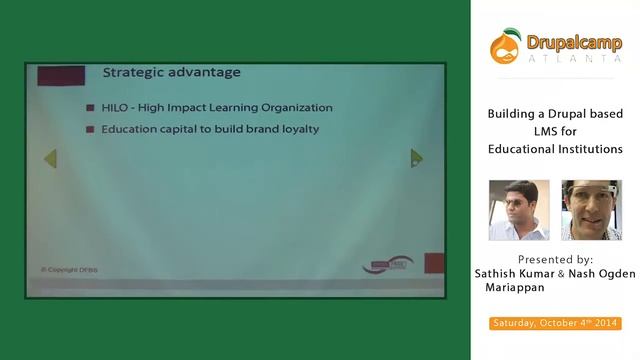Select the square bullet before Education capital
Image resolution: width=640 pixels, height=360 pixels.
point(90,130)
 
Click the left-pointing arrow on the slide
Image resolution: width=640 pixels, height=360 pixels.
point(50,158)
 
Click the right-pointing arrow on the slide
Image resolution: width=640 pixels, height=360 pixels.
point(417,158)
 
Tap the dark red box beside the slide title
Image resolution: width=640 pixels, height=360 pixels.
point(60,75)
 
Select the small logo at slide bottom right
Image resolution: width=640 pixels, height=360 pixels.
point(387,265)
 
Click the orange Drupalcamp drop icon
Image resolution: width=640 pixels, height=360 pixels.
point(505,45)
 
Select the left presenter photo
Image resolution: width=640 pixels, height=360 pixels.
point(519,210)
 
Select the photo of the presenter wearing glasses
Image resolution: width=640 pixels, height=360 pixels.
point(591,210)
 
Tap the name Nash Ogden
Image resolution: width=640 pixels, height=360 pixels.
point(600,272)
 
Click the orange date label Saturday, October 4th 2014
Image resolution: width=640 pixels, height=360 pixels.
point(555,323)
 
